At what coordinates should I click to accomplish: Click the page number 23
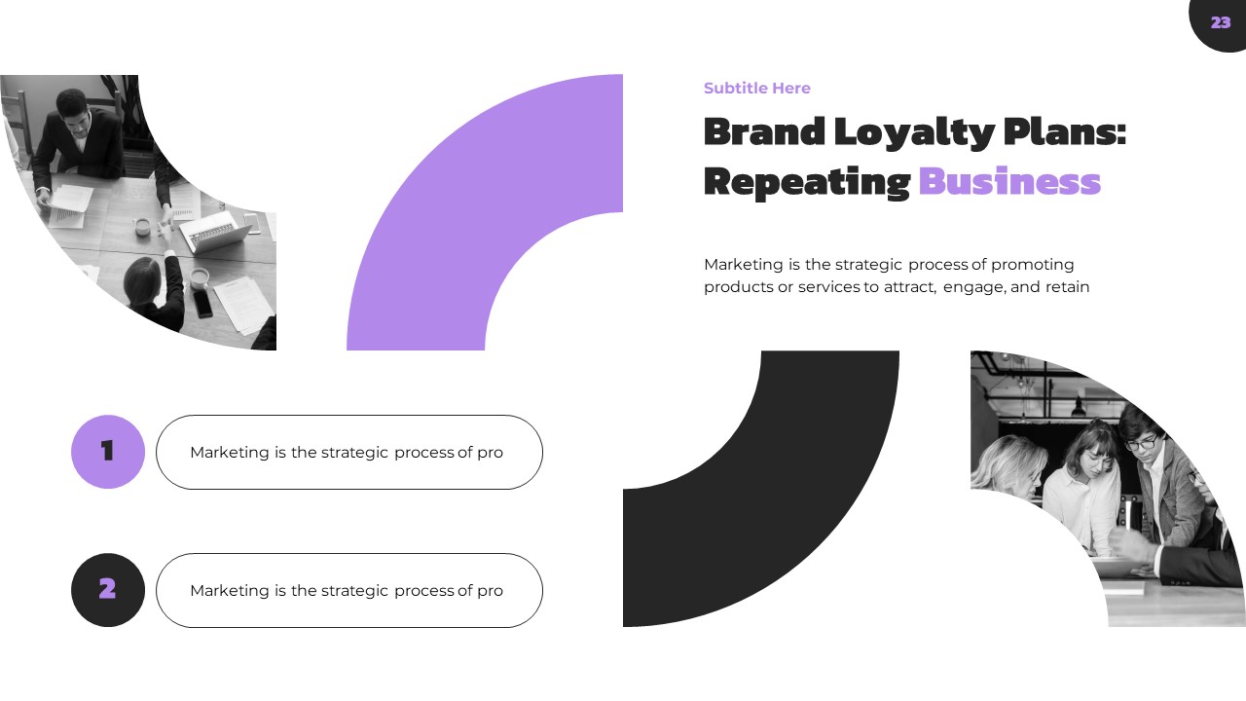pyautogui.click(x=1221, y=22)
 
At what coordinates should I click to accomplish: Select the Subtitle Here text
pyautogui.click(x=756, y=89)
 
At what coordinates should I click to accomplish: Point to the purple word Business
pyautogui.click(x=1008, y=182)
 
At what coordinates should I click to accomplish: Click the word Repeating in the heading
pyautogui.click(x=806, y=182)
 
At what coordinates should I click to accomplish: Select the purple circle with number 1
pyautogui.click(x=108, y=451)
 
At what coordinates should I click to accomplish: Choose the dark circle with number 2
pyautogui.click(x=108, y=590)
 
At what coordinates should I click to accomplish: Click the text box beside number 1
pyautogui.click(x=348, y=452)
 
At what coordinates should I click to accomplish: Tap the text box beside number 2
pyautogui.click(x=348, y=591)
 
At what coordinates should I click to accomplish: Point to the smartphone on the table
pyautogui.click(x=202, y=304)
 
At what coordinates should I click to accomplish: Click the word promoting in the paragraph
pyautogui.click(x=1033, y=265)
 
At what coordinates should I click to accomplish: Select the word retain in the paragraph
pyautogui.click(x=1067, y=287)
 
